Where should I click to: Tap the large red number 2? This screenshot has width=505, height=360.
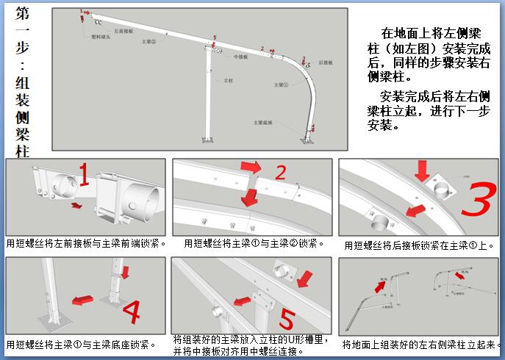(280, 173)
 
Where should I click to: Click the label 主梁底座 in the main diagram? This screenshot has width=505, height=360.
(263, 123)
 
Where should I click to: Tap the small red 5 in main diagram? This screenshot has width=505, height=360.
(215, 37)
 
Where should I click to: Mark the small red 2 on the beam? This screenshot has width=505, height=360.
(262, 48)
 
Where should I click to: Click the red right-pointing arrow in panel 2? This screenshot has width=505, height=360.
(251, 168)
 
